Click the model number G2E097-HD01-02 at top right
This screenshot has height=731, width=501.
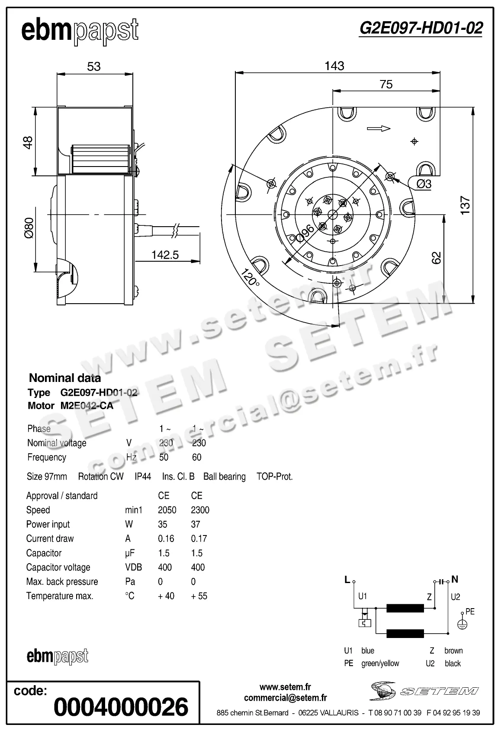[x=421, y=29]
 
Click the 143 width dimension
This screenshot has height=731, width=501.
[x=334, y=66]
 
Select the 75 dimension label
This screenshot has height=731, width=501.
[x=386, y=84]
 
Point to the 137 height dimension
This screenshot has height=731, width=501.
[x=465, y=205]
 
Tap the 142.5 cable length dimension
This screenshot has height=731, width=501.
[x=165, y=255]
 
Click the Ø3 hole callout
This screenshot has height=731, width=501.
[x=424, y=184]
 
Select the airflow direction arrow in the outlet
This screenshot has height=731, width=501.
[x=379, y=128]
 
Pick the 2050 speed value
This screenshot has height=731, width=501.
[x=167, y=510]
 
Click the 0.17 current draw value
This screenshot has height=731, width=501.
[x=199, y=539]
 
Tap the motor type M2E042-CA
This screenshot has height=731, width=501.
[x=87, y=406]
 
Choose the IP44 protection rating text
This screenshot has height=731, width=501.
[x=143, y=477]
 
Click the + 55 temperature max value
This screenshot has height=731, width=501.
[x=199, y=596]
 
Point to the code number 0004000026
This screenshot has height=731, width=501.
[x=121, y=707]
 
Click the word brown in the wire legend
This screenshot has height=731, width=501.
[x=453, y=651]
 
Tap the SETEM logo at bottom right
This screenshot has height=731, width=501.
[x=424, y=691]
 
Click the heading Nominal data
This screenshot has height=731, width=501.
[x=65, y=378]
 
